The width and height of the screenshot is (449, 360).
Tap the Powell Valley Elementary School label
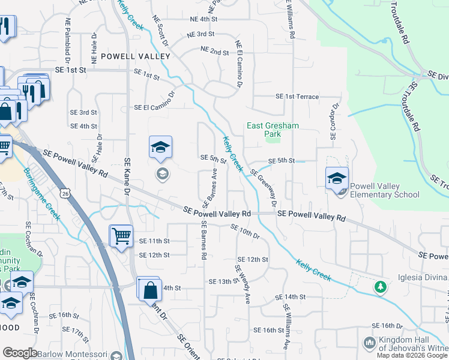384,190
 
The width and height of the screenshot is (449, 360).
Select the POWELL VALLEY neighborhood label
136,56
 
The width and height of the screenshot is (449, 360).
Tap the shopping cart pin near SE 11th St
121,235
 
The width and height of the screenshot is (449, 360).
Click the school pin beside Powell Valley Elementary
337,178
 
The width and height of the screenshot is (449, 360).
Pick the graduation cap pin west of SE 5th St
161,147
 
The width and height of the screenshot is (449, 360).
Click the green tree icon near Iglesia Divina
379,287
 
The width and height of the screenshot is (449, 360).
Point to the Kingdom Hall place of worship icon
370,343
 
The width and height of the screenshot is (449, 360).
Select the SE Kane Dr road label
127,176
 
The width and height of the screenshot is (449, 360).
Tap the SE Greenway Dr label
264,187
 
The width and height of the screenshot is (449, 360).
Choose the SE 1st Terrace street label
297,97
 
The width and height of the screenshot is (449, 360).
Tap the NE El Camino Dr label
239,64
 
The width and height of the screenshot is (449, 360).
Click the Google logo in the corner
20,353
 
